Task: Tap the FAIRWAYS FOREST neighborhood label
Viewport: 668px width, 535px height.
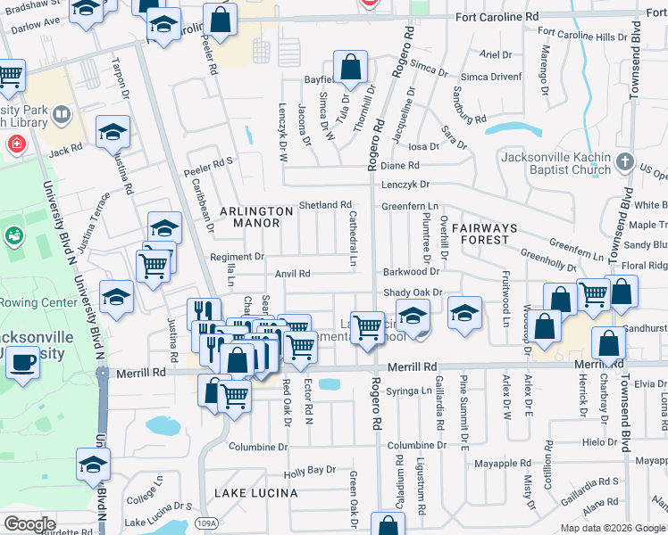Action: (485, 234)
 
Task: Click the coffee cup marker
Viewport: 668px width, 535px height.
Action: (23, 363)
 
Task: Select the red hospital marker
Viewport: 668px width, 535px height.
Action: (16, 143)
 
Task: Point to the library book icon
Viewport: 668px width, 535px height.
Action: (62, 114)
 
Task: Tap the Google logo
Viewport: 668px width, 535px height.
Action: (29, 524)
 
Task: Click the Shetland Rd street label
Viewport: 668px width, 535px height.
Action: (325, 205)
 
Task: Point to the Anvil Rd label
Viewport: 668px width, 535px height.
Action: (292, 275)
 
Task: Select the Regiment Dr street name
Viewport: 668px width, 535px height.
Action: (237, 257)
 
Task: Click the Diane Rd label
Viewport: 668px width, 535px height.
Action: (400, 166)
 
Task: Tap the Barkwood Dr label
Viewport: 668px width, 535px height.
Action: (412, 271)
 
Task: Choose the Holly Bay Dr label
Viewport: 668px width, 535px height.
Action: (309, 470)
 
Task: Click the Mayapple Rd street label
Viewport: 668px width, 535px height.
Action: (503, 464)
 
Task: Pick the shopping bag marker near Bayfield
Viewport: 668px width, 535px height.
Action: (351, 66)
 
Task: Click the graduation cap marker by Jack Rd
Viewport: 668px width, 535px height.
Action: (113, 134)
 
